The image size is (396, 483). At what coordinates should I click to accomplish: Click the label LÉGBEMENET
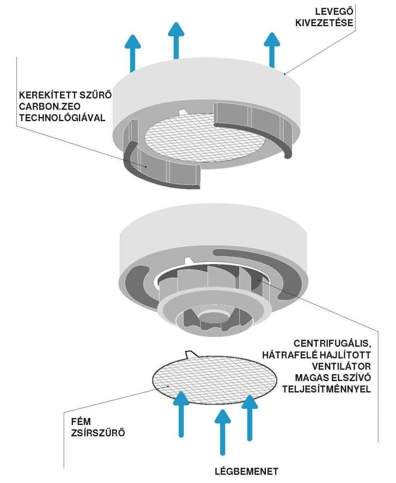[x=247, y=471]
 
